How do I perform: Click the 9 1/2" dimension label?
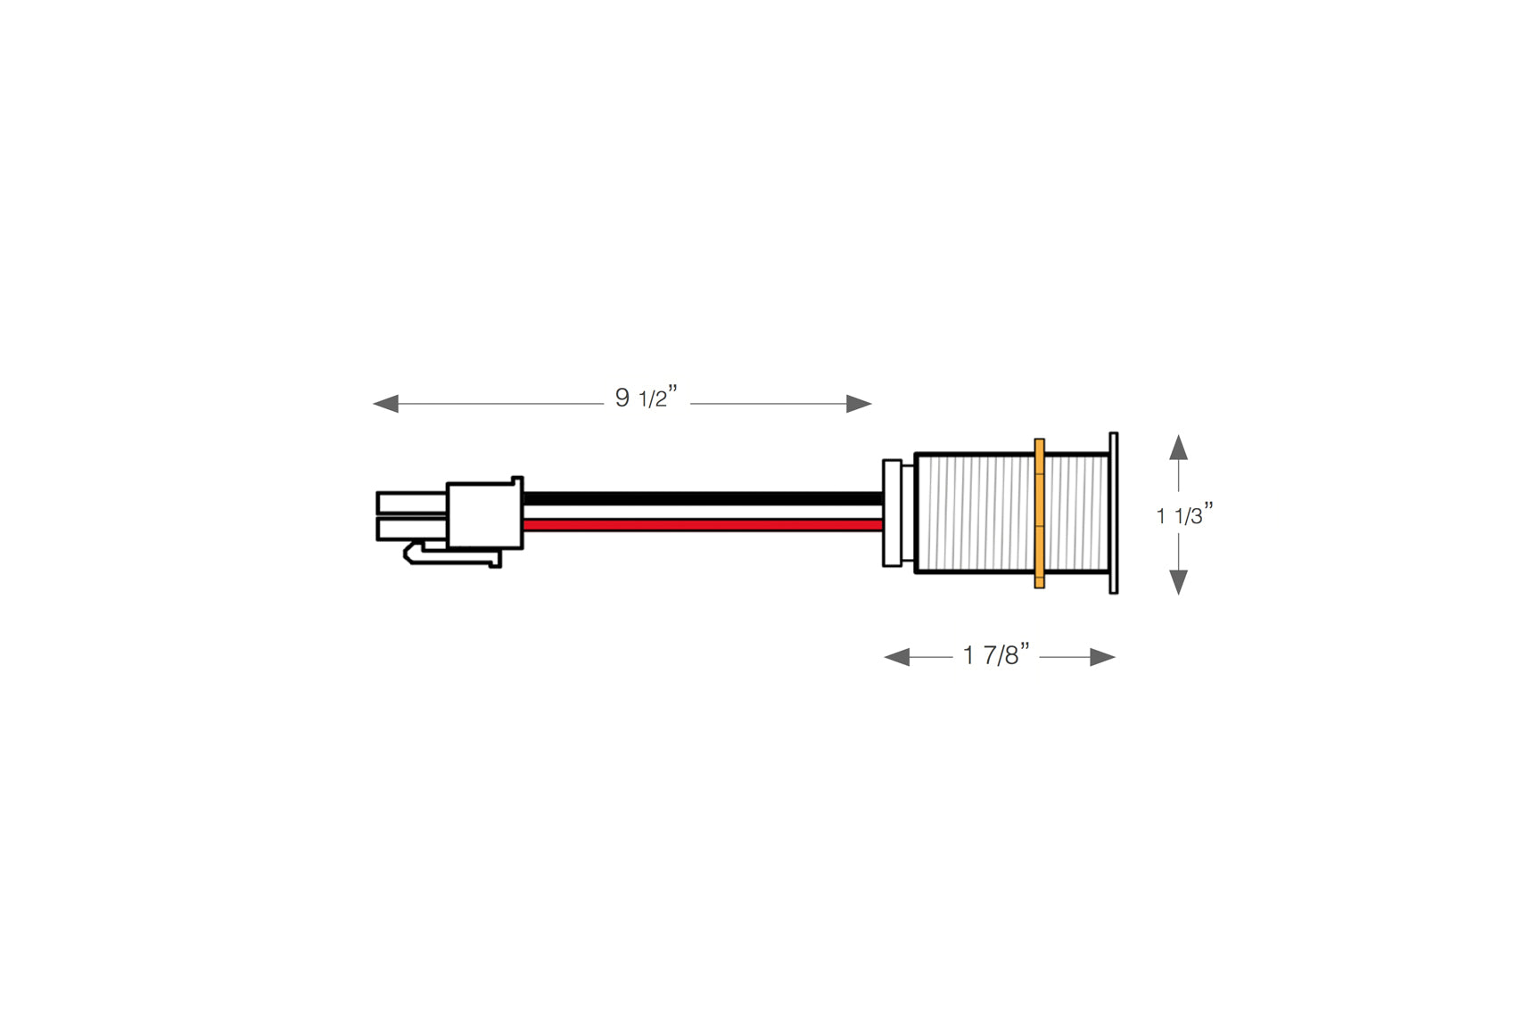point(646,397)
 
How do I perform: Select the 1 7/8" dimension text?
point(996,654)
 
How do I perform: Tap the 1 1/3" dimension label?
point(1184,515)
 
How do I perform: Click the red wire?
point(703,525)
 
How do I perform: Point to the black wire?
point(703,498)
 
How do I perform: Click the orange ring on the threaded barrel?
point(1040,513)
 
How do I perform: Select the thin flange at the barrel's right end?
point(1113,513)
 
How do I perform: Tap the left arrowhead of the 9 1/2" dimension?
point(386,404)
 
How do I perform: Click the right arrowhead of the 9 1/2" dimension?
point(859,404)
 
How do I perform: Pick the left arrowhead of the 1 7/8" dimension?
point(897,657)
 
